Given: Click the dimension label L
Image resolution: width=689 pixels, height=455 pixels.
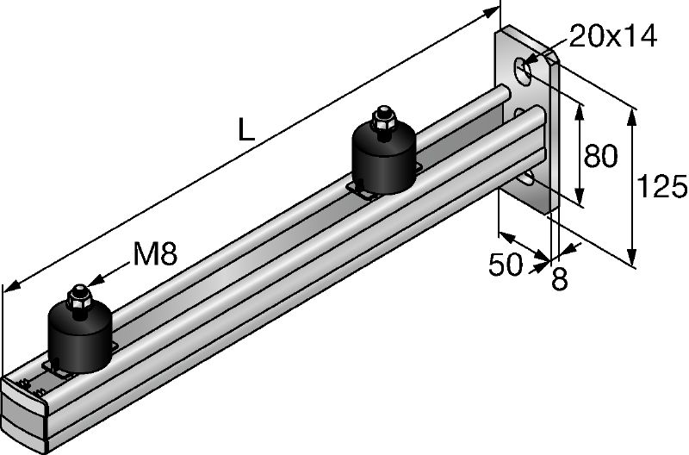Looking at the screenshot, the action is tap(246, 129).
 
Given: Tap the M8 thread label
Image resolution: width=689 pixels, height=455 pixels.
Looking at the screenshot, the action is tap(155, 254).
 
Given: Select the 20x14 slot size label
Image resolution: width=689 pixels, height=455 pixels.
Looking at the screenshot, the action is tap(613, 35).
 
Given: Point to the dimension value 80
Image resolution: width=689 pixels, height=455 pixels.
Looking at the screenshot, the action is tap(600, 156).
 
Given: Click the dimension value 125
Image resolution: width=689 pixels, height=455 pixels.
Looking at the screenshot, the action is tap(661, 186).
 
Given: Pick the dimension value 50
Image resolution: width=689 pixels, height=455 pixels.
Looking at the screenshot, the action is tap(506, 265).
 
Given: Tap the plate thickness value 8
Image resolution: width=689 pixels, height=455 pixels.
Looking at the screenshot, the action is tap(560, 278).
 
